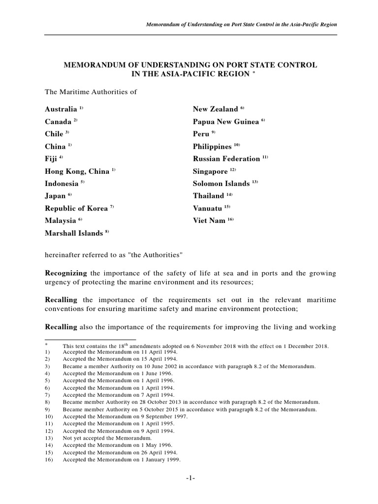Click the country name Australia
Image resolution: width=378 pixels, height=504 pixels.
click(x=61, y=109)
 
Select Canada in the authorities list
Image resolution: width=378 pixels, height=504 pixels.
click(x=58, y=122)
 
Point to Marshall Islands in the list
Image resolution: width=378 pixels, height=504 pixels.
click(x=74, y=233)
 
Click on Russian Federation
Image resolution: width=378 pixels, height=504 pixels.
click(x=226, y=158)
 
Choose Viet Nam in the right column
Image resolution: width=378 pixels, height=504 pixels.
click(x=209, y=220)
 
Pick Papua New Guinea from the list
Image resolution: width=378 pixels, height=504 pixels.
click(x=226, y=122)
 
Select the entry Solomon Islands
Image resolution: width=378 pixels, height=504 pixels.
click(x=221, y=184)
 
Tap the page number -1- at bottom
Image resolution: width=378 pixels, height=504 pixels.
click(x=189, y=478)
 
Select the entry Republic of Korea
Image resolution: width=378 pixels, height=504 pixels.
click(x=76, y=208)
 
